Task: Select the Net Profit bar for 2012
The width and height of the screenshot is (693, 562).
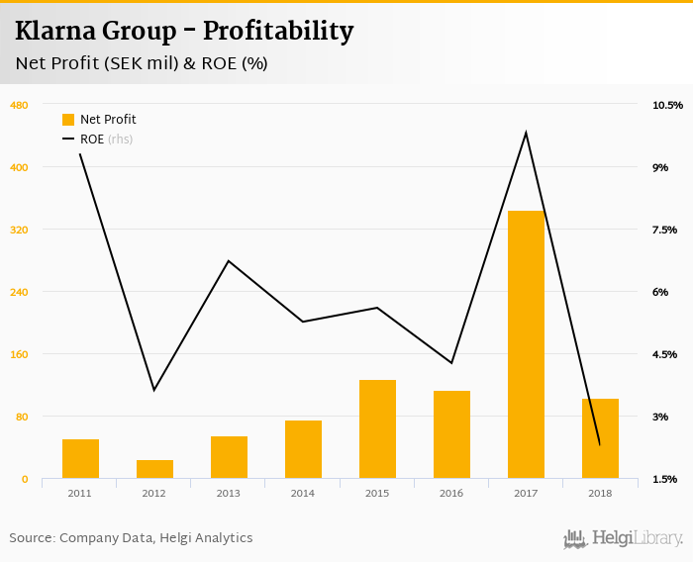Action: click(x=154, y=469)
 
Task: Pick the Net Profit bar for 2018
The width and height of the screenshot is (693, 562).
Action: click(x=600, y=438)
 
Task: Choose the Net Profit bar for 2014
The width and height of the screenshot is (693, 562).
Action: click(x=303, y=449)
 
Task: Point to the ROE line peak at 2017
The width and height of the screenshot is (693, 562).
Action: click(x=526, y=133)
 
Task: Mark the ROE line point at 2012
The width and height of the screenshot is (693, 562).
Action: click(x=154, y=390)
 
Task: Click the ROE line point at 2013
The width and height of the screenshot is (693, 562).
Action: click(x=229, y=261)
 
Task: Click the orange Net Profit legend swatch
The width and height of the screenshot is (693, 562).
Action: click(x=68, y=120)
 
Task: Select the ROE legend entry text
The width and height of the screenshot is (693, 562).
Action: click(x=92, y=140)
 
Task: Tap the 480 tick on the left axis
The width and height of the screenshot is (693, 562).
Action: click(x=18, y=105)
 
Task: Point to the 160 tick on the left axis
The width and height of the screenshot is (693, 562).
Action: click(x=18, y=354)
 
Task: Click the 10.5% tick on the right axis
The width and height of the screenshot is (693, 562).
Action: click(x=667, y=105)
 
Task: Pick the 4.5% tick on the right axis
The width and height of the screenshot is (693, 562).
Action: click(x=664, y=354)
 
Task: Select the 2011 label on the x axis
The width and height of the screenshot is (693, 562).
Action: click(x=80, y=493)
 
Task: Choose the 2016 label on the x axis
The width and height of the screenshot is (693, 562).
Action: click(x=451, y=493)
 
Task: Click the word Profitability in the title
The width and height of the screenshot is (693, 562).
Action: click(x=277, y=32)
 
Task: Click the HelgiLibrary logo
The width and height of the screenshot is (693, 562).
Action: click(x=624, y=538)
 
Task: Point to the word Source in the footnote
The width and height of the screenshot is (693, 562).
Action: click(x=32, y=538)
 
